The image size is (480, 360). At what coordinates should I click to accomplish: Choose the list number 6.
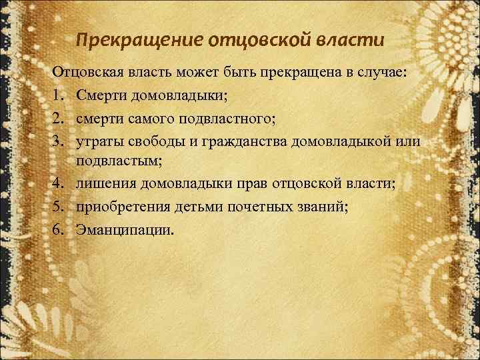click(x=58, y=230)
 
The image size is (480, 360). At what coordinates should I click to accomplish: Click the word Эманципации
click(x=124, y=230)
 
